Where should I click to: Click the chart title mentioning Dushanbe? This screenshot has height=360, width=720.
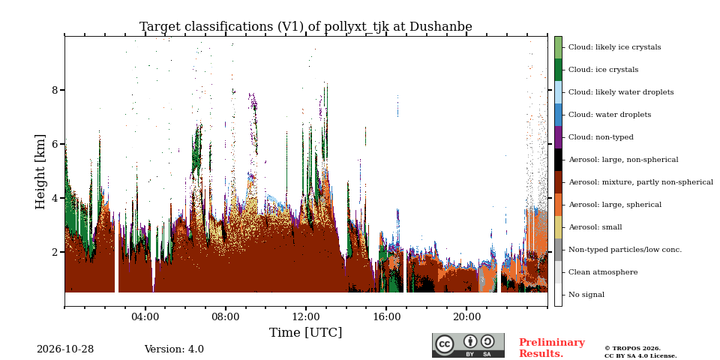tap(306, 27)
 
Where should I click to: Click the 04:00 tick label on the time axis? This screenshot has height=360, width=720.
tap(145, 316)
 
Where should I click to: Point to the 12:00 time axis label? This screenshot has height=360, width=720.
tap(306, 316)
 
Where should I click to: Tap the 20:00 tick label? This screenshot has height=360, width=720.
tap(466, 316)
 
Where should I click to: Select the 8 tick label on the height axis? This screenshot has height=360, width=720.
tap(55, 90)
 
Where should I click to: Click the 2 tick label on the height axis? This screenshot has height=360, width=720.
tap(55, 252)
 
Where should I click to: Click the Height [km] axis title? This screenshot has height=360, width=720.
tap(40, 172)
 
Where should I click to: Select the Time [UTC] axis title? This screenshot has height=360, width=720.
tap(306, 332)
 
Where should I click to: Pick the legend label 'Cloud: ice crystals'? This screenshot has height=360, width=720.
tap(603, 70)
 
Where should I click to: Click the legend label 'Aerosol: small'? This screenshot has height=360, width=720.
tap(595, 227)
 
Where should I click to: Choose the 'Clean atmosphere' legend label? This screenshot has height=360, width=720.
tap(603, 272)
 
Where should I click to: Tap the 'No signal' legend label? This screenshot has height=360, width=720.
tap(586, 295)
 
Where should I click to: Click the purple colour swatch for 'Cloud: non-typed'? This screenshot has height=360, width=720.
tap(558, 137)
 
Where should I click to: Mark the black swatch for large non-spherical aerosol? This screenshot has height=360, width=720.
tap(558, 160)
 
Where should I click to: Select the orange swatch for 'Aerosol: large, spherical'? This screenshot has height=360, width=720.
tap(558, 205)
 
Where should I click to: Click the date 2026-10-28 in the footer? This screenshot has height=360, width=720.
tap(65, 349)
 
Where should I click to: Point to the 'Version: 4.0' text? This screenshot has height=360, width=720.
tap(174, 349)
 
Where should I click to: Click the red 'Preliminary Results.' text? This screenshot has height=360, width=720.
tap(552, 348)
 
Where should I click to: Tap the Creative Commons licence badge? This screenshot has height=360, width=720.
tap(468, 345)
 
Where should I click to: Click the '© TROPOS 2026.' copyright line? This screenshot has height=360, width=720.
tap(632, 349)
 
